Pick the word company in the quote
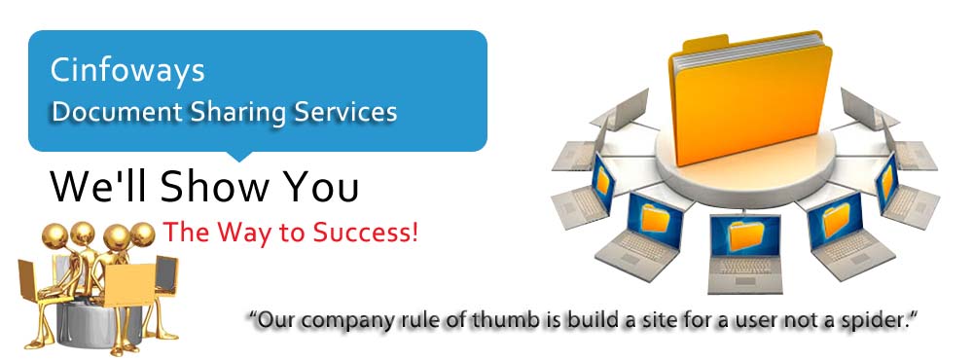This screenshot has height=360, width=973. [x=337, y=322]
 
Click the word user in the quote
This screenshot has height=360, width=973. [x=759, y=321]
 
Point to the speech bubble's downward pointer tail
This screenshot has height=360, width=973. [x=237, y=156]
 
